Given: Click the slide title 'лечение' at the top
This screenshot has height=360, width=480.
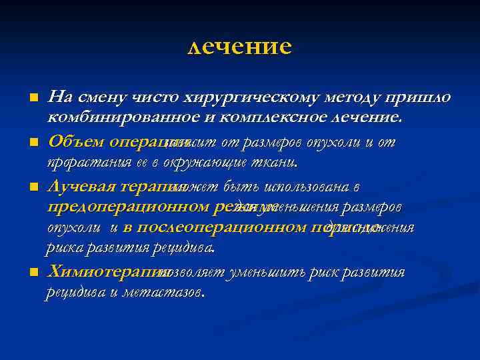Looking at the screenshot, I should point(240,47).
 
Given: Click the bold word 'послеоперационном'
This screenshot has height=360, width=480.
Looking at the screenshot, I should point(199,227).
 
